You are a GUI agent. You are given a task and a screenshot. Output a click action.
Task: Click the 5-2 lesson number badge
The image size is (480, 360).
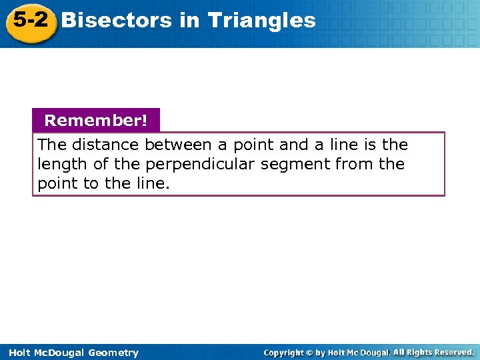click(29, 21)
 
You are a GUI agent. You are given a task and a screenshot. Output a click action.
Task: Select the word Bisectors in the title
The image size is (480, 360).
click(116, 21)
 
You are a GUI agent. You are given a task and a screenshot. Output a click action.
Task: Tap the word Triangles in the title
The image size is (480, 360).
click(261, 21)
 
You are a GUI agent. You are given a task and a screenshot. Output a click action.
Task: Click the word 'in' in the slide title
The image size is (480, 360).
click(189, 21)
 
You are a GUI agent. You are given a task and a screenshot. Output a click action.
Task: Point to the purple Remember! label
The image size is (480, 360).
click(96, 121)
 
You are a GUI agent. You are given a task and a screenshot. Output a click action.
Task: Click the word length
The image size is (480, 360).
click(57, 164)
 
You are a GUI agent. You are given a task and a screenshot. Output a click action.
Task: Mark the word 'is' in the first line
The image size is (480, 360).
click(372, 145)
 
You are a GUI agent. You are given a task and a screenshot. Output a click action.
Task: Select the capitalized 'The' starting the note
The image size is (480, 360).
click(51, 145)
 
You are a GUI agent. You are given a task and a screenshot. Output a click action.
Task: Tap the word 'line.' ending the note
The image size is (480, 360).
click(154, 183)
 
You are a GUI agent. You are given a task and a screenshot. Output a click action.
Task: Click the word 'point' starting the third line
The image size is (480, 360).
click(57, 183)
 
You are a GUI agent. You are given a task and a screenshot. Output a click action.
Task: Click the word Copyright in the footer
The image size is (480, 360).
click(283, 353)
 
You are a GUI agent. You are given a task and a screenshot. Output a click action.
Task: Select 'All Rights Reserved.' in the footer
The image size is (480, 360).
click(433, 352)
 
